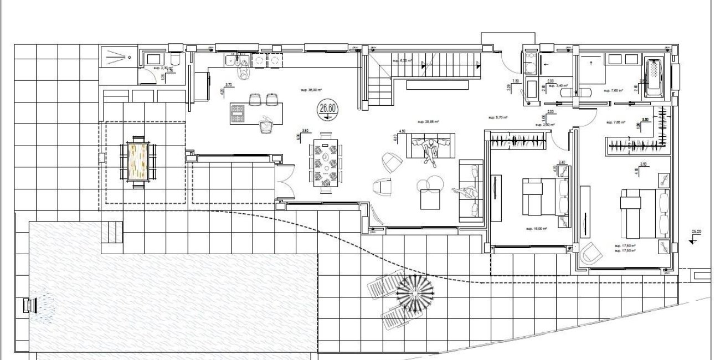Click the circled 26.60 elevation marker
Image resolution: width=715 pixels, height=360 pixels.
(x=326, y=109)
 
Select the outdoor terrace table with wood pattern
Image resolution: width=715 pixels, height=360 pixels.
(x=138, y=161)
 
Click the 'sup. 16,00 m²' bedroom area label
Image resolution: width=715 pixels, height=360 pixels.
(x=537, y=228)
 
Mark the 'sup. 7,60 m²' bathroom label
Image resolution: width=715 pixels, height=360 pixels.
(x=614, y=91)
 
